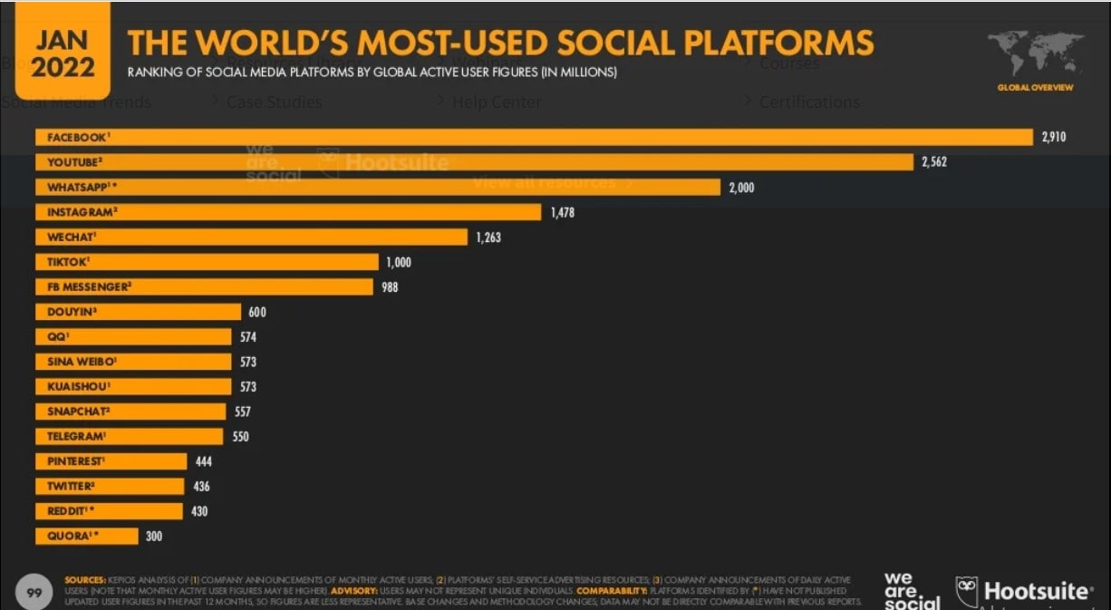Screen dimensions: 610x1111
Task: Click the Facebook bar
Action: pos(535,137)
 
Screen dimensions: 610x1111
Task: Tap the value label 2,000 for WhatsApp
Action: pos(740,188)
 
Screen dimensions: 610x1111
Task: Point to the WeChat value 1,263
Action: pos(488,237)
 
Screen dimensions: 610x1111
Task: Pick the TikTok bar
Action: pos(207,262)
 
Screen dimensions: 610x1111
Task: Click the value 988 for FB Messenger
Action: pos(390,287)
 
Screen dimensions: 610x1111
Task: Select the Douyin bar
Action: pos(138,312)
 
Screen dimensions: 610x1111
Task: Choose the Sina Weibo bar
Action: pos(133,362)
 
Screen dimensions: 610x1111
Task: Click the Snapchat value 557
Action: pos(241,412)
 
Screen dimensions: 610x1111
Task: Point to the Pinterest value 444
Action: pos(203,461)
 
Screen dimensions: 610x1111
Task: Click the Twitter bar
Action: pos(109,486)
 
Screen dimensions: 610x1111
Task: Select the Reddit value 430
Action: pos(199,511)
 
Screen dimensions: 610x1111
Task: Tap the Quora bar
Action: pos(86,536)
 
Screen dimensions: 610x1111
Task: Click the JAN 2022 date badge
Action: pos(63,53)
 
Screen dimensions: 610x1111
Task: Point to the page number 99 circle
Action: pos(35,593)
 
